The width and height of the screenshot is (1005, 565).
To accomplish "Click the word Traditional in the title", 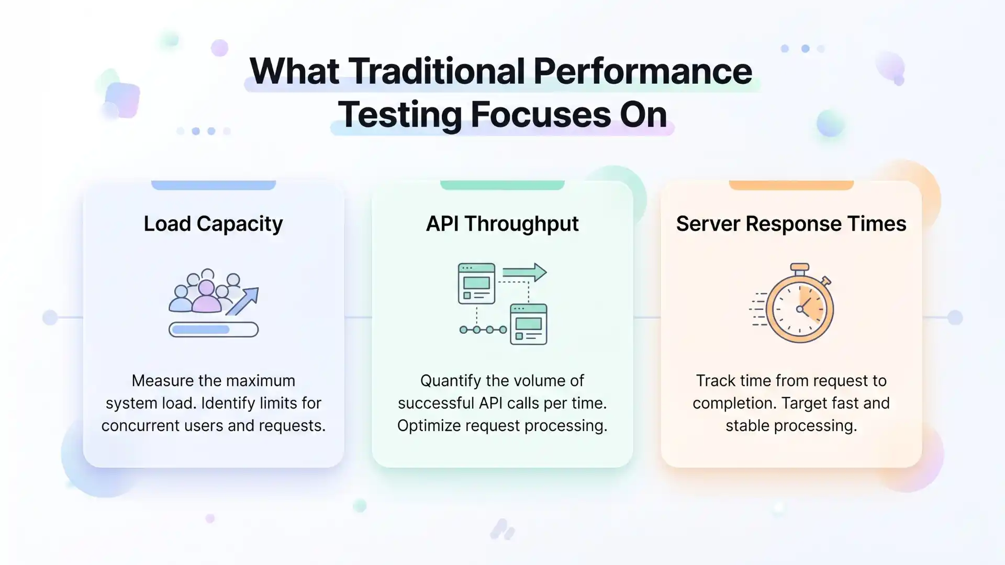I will pos(437,71).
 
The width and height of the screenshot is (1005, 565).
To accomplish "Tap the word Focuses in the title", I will pos(541,115).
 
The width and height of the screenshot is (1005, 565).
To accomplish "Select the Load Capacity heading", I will pos(213,224).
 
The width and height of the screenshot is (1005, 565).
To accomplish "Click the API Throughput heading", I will pos(502,224).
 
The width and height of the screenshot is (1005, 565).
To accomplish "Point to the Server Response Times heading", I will pos(791,224).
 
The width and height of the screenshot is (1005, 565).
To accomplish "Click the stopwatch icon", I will pos(799,309).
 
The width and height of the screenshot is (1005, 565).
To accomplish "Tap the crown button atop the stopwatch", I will pos(799,268).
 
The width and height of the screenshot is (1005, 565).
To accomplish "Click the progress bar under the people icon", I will pos(213,330).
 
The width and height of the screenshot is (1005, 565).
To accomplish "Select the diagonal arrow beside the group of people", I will pos(243,301).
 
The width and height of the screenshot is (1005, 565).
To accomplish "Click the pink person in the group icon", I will pos(206,297).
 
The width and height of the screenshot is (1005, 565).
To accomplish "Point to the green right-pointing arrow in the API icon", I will pos(524,273).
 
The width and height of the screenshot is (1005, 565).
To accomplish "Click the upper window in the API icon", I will pos(476,284).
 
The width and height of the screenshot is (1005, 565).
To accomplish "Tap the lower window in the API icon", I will pos(529,324).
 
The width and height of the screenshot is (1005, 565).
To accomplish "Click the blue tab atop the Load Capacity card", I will pos(213,185).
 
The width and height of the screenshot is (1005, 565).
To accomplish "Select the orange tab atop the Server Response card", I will pos(791,185).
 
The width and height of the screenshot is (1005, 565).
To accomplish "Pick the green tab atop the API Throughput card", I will pos(502,185).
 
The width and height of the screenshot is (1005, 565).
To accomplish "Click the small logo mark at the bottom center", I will pos(502,529).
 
